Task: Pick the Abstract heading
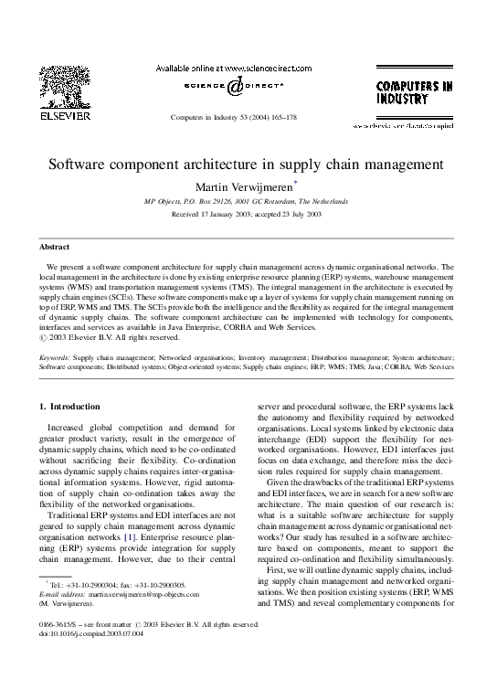(54, 247)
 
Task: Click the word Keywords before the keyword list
(55, 358)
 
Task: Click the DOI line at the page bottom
(87, 634)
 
